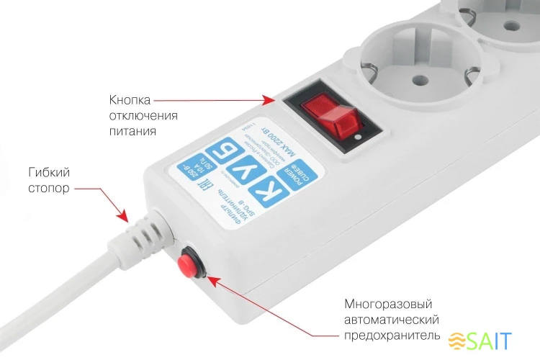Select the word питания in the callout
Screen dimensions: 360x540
pos(133,132)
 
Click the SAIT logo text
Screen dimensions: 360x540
pos(492,340)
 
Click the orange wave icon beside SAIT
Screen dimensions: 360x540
pos(458,341)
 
